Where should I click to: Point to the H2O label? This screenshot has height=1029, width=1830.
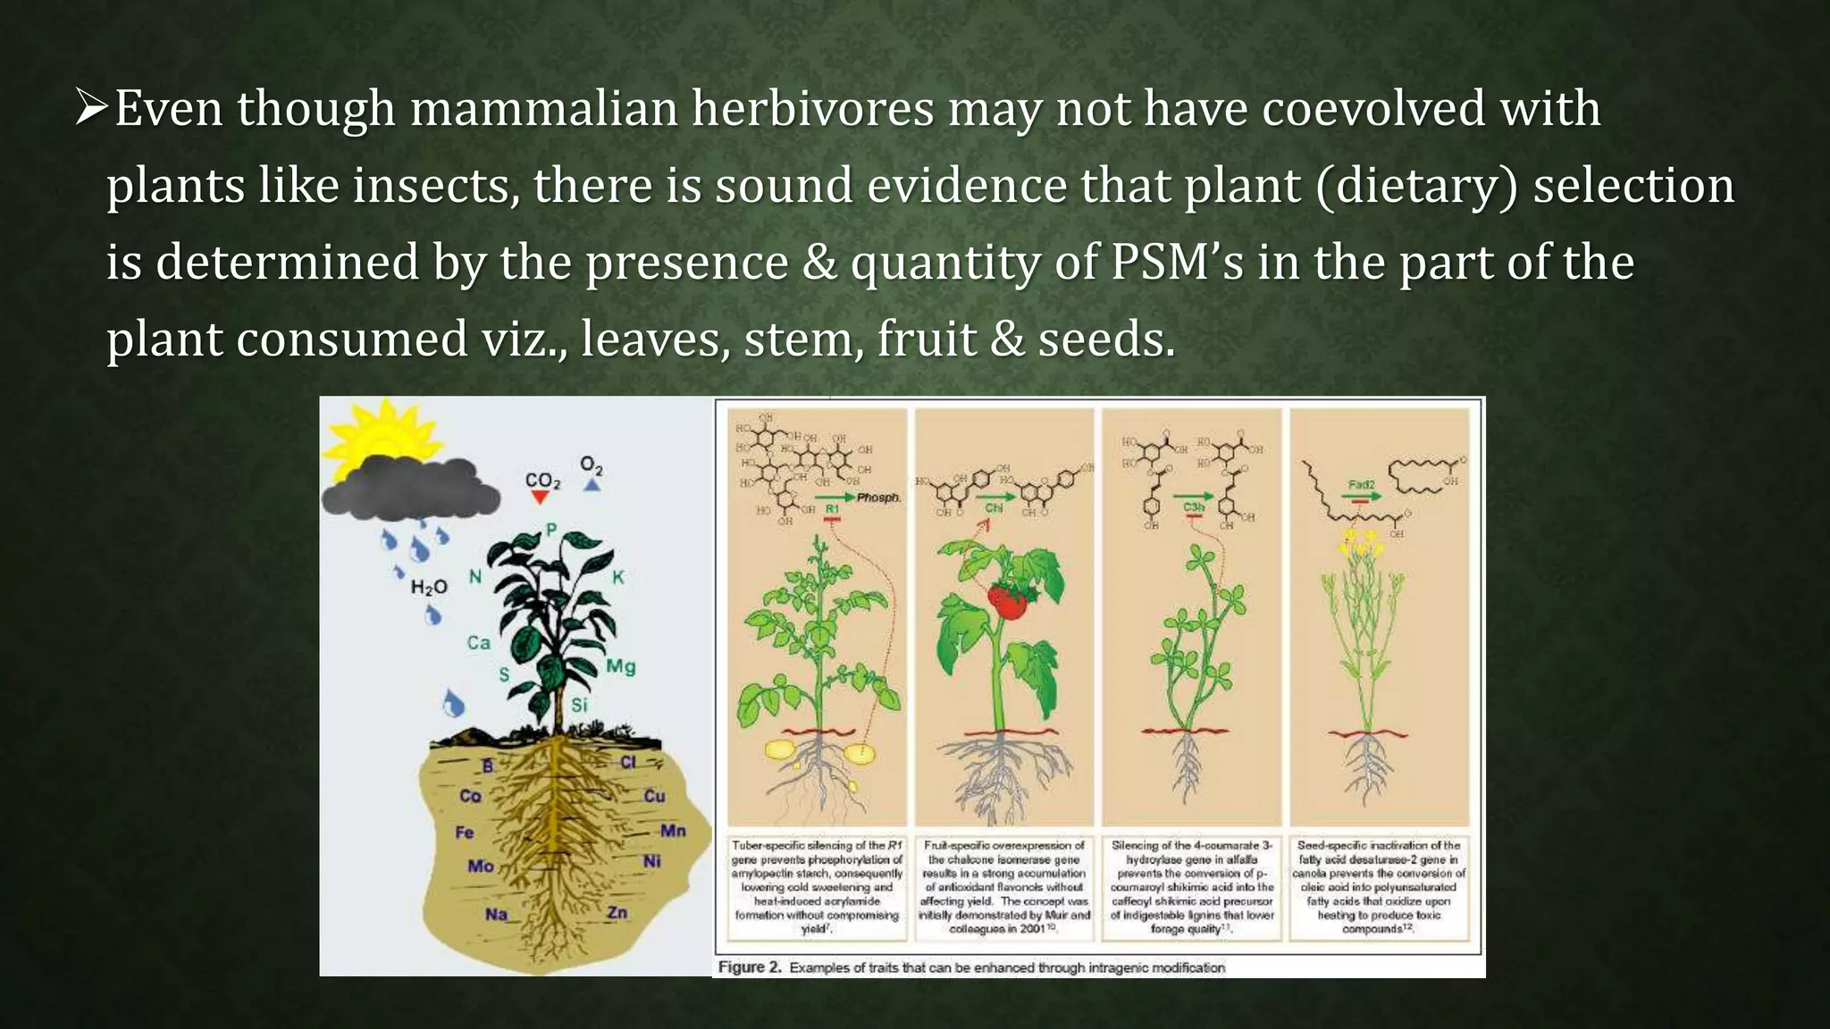pyautogui.click(x=428, y=587)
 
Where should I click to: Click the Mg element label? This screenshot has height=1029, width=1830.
pyautogui.click(x=620, y=666)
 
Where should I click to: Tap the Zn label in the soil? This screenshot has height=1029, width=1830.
pyautogui.click(x=617, y=912)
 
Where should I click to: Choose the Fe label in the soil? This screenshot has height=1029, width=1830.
pyautogui.click(x=464, y=832)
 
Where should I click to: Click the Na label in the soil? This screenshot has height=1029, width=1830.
pyautogui.click(x=496, y=914)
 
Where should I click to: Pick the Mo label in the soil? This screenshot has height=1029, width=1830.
pyautogui.click(x=480, y=866)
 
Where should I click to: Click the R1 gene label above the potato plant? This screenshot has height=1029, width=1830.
pyautogui.click(x=832, y=509)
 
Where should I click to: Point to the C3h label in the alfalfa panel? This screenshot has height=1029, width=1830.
pyautogui.click(x=1194, y=507)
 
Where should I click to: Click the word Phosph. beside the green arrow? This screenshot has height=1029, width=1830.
pyautogui.click(x=878, y=498)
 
